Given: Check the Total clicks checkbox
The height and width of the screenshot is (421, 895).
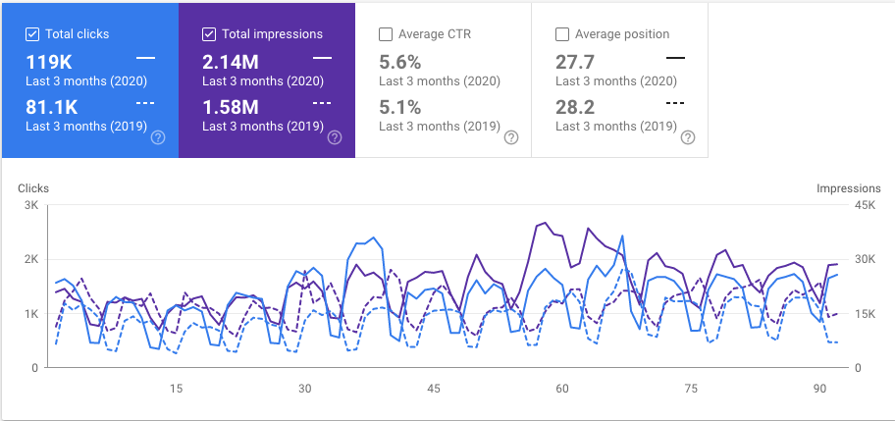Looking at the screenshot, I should coord(32,34).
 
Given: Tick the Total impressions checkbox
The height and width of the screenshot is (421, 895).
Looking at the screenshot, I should coord(209,34).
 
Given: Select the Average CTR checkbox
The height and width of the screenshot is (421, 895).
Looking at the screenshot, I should coord(386,34).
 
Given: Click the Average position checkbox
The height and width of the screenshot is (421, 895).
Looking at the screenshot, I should coord(562,34).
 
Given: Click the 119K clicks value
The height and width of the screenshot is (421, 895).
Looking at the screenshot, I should coord(48,62).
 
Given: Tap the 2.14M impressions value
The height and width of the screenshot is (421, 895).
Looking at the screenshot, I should coord(232,62).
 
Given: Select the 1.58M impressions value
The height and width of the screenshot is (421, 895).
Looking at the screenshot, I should coord(232,105).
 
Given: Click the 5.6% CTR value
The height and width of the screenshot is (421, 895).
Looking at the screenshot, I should coord(399,62).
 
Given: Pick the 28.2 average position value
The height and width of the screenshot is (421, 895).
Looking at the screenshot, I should coord(573,105).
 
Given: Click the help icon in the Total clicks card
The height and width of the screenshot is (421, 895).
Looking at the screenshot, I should coord(157,137).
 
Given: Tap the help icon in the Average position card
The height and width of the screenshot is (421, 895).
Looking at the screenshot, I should coord(687,137).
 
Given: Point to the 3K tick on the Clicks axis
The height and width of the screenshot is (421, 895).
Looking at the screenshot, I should coord(29,205).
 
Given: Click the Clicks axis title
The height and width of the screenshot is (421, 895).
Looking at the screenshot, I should coord(32,187).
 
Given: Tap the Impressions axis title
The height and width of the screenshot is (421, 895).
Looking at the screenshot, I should coord(849,187).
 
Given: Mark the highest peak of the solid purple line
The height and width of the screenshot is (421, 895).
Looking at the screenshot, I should coord(545,224).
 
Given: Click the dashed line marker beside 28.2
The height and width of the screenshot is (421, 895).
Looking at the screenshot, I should coord(675,103).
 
